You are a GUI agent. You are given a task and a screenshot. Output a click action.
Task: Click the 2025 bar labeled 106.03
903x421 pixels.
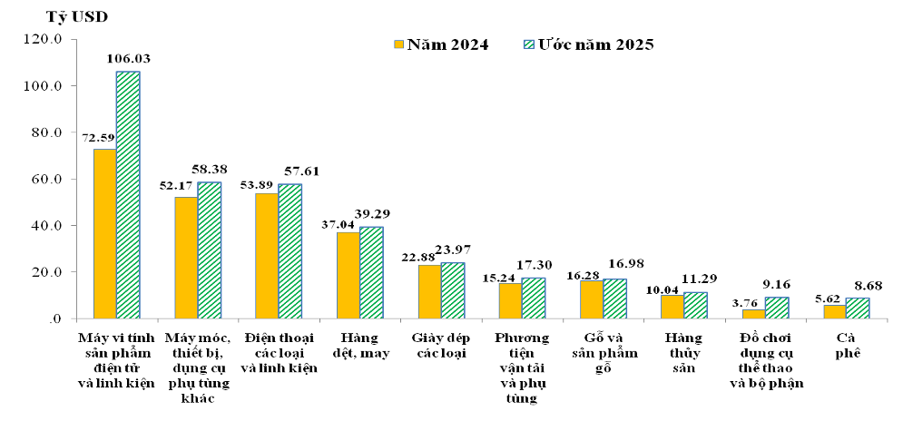128,194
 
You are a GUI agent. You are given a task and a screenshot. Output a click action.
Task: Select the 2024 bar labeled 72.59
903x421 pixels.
104,233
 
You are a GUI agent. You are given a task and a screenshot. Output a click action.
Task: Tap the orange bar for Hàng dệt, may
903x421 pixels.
348,275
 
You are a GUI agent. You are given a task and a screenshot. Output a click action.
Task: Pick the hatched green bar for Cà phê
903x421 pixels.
858,308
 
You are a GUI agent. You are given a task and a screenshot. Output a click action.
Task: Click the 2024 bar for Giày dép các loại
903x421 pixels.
429,291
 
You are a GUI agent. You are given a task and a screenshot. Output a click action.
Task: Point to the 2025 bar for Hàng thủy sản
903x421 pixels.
695,306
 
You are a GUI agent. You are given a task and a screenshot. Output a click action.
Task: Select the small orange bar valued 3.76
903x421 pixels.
753,314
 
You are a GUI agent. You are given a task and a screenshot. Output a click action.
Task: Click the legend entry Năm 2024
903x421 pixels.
441,44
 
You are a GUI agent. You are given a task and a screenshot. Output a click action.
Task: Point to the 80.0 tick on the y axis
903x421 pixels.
43,132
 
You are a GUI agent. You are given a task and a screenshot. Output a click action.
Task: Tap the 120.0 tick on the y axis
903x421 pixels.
41,40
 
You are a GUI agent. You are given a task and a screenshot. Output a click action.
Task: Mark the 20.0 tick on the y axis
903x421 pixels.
43,272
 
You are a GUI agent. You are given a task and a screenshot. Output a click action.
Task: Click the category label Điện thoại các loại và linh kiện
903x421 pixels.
280,353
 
